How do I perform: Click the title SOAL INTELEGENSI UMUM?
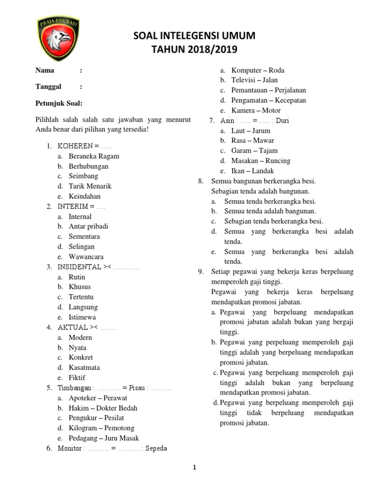pos(194,36)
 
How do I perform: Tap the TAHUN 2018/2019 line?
pos(194,50)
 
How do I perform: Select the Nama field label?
pos(45,70)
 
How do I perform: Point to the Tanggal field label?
pos(49,87)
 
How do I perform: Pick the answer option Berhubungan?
pos(88,166)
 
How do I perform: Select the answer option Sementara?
pos(84,236)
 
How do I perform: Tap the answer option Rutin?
pos(77,277)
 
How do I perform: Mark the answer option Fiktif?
pos(77,377)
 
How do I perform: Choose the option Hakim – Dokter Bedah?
pos(103,408)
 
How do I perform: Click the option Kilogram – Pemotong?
pos(101,428)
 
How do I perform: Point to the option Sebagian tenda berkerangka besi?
pos(273,222)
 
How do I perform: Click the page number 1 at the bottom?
pos(194,468)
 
